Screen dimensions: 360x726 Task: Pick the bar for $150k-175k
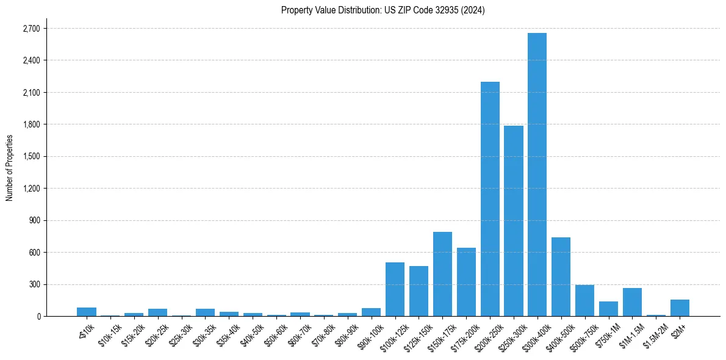click(x=442, y=274)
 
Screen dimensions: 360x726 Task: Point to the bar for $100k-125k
click(x=395, y=289)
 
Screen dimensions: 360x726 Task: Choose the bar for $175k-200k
click(x=466, y=282)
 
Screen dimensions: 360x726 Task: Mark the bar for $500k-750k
click(x=584, y=300)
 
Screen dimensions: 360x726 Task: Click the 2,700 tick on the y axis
click(x=31, y=29)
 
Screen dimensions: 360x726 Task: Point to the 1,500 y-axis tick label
click(x=31, y=157)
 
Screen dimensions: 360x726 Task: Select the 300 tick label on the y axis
click(x=34, y=284)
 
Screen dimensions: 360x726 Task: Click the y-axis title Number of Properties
click(x=9, y=168)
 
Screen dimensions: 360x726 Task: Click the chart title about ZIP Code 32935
click(x=383, y=10)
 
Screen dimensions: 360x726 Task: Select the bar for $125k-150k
click(x=419, y=291)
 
